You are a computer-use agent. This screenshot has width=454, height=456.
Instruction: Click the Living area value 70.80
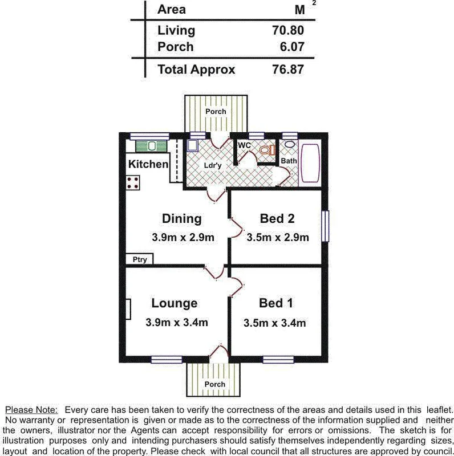288,30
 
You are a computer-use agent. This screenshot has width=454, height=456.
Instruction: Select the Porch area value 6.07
291,47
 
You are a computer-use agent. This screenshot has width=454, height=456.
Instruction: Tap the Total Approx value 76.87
288,70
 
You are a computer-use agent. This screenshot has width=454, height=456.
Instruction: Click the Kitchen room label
148,164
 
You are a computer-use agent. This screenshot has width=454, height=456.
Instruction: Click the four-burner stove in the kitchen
133,183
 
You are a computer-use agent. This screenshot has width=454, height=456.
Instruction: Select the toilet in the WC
267,150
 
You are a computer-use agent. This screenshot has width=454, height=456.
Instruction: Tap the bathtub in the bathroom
311,163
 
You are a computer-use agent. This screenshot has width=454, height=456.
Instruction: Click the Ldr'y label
213,165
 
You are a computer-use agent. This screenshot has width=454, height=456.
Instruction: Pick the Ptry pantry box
140,259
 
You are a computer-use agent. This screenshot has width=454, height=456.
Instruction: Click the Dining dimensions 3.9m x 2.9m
183,238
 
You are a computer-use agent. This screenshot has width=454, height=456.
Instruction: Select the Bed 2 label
277,218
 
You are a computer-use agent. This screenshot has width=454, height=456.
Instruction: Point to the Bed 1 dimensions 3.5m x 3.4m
274,323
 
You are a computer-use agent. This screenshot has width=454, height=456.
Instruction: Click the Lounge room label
175,303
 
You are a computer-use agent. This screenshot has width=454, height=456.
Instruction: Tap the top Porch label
216,112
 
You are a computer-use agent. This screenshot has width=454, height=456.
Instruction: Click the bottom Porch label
215,384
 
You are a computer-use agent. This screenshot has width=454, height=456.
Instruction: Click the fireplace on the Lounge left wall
128,310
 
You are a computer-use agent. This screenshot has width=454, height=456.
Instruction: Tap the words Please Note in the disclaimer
31,410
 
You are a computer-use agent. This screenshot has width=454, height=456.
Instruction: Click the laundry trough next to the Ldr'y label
193,146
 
